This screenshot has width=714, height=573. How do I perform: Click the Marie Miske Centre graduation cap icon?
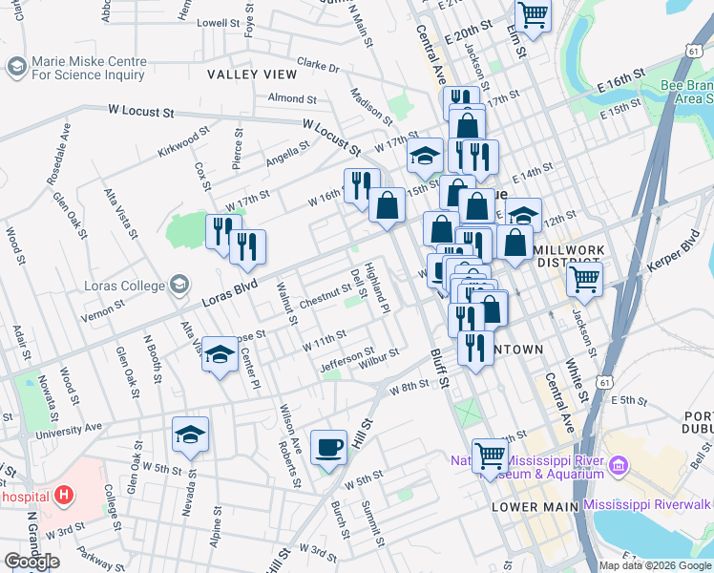point(16,66)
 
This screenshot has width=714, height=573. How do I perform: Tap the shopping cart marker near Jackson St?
point(584,280)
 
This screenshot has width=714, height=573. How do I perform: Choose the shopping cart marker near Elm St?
point(533,14)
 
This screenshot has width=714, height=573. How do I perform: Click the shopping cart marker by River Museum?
point(491,456)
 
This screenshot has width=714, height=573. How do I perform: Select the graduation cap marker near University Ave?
point(190,435)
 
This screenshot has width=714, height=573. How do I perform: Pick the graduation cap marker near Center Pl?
point(220,356)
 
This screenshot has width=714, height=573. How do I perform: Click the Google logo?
point(31,562)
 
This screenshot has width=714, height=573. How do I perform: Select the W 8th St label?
point(409,385)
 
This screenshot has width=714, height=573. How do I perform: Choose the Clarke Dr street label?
point(318,66)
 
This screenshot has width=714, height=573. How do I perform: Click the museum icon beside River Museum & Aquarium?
point(619,466)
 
